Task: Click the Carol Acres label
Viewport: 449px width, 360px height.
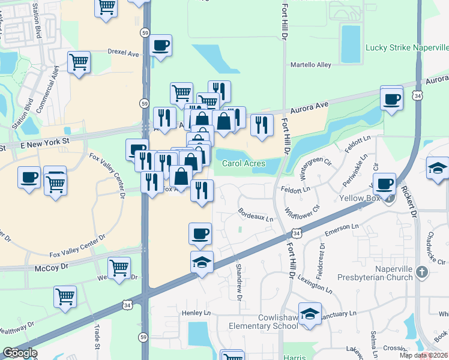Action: tap(243, 163)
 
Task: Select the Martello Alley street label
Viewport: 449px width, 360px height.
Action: tap(311, 65)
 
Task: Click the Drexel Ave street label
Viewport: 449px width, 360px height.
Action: tap(123, 52)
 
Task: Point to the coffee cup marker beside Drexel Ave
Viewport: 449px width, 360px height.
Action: tap(160, 46)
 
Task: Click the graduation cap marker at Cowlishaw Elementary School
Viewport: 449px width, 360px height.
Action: tap(310, 314)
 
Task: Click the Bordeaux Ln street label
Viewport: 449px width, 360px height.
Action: tap(256, 216)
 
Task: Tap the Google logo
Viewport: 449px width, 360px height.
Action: tap(20, 353)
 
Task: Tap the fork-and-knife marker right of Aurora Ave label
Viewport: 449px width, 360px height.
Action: tap(261, 125)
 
